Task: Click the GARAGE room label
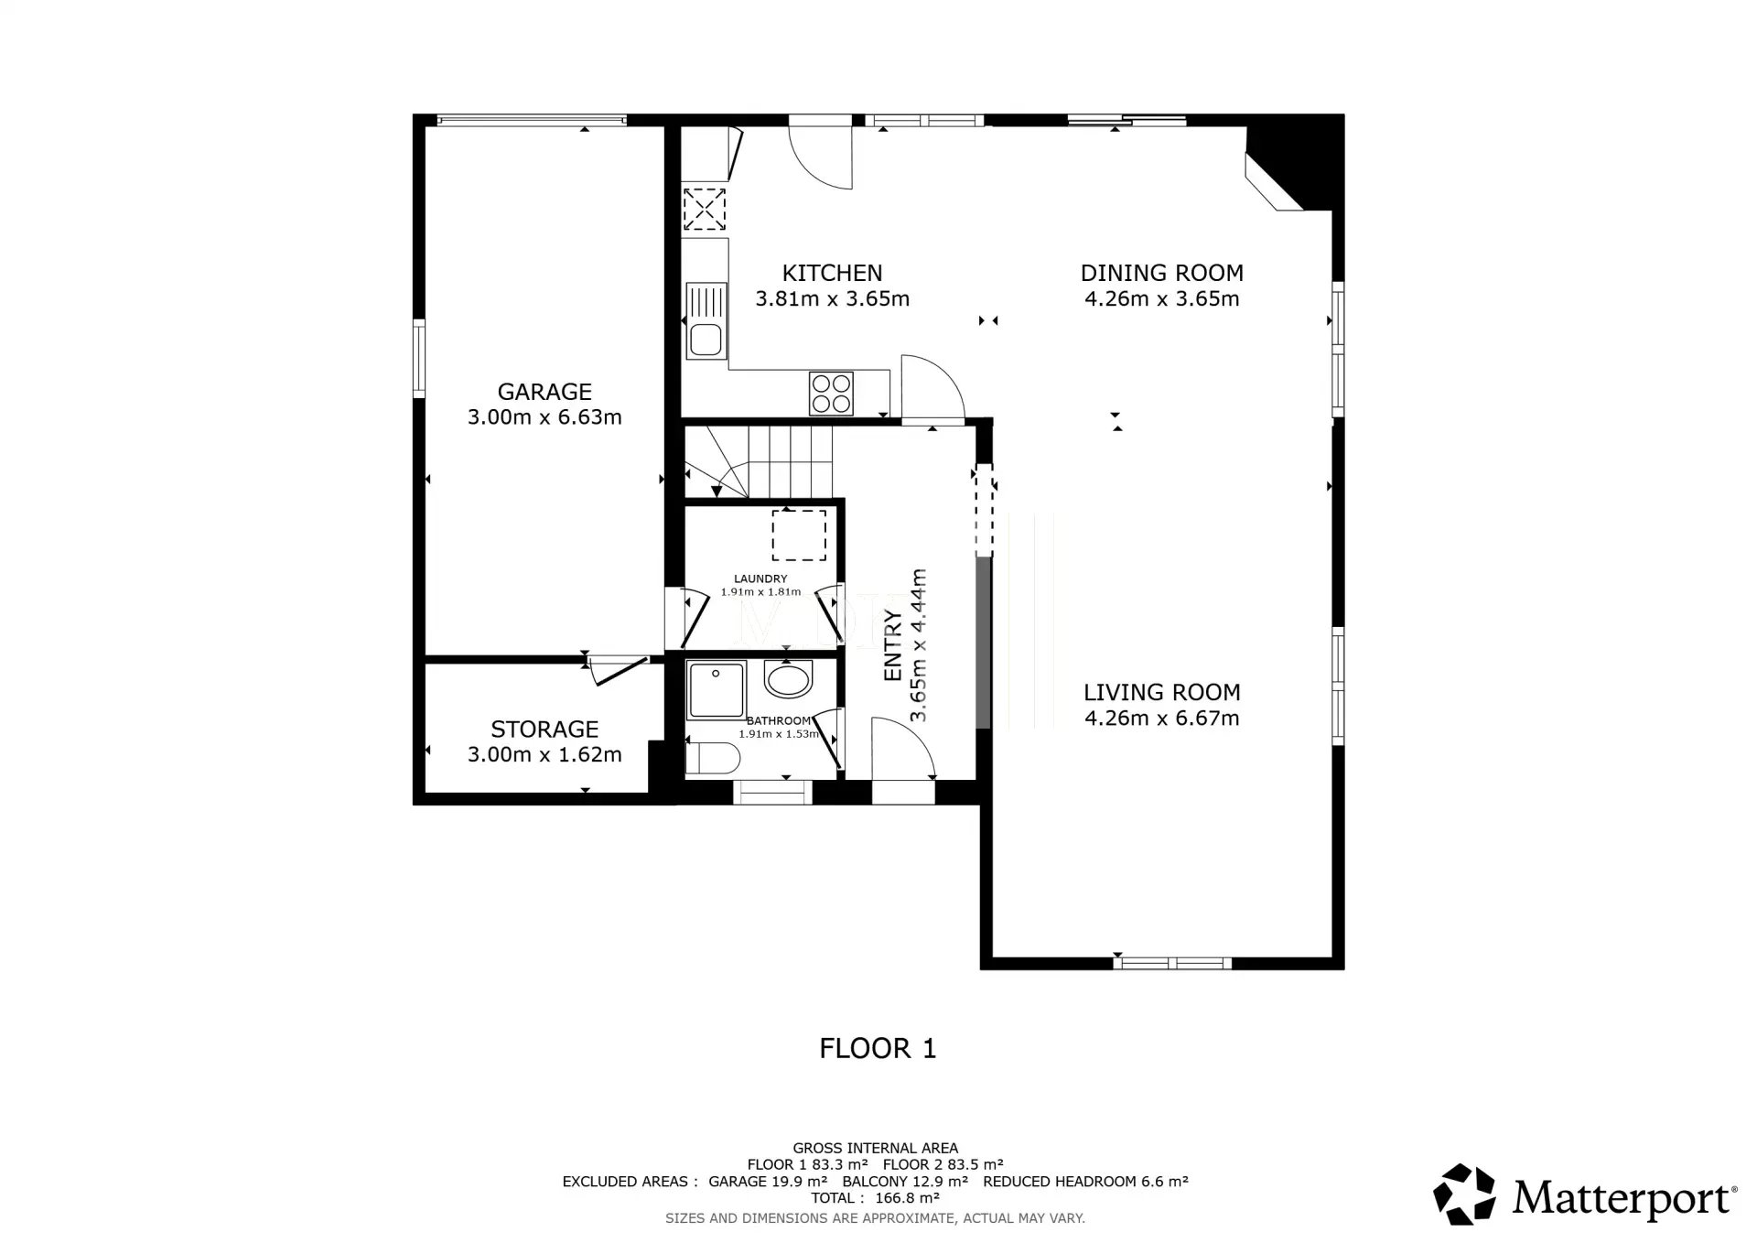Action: pos(544,392)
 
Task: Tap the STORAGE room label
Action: pos(544,730)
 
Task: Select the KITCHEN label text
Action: pos(832,273)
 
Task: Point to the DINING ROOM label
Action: pos(1161,273)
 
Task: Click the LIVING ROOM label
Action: pos(1161,693)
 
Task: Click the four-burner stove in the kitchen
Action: pos(831,394)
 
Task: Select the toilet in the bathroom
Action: pos(713,759)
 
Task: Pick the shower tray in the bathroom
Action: pos(717,689)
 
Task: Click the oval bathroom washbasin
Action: pos(788,680)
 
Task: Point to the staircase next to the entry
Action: pos(759,463)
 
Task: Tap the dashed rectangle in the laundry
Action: pos(799,535)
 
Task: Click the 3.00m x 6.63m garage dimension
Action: pos(544,417)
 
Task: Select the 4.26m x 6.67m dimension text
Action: pos(1161,719)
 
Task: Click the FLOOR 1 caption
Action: pos(878,1048)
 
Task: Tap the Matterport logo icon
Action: pos(1464,1194)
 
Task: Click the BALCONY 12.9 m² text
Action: pos(905,1182)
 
